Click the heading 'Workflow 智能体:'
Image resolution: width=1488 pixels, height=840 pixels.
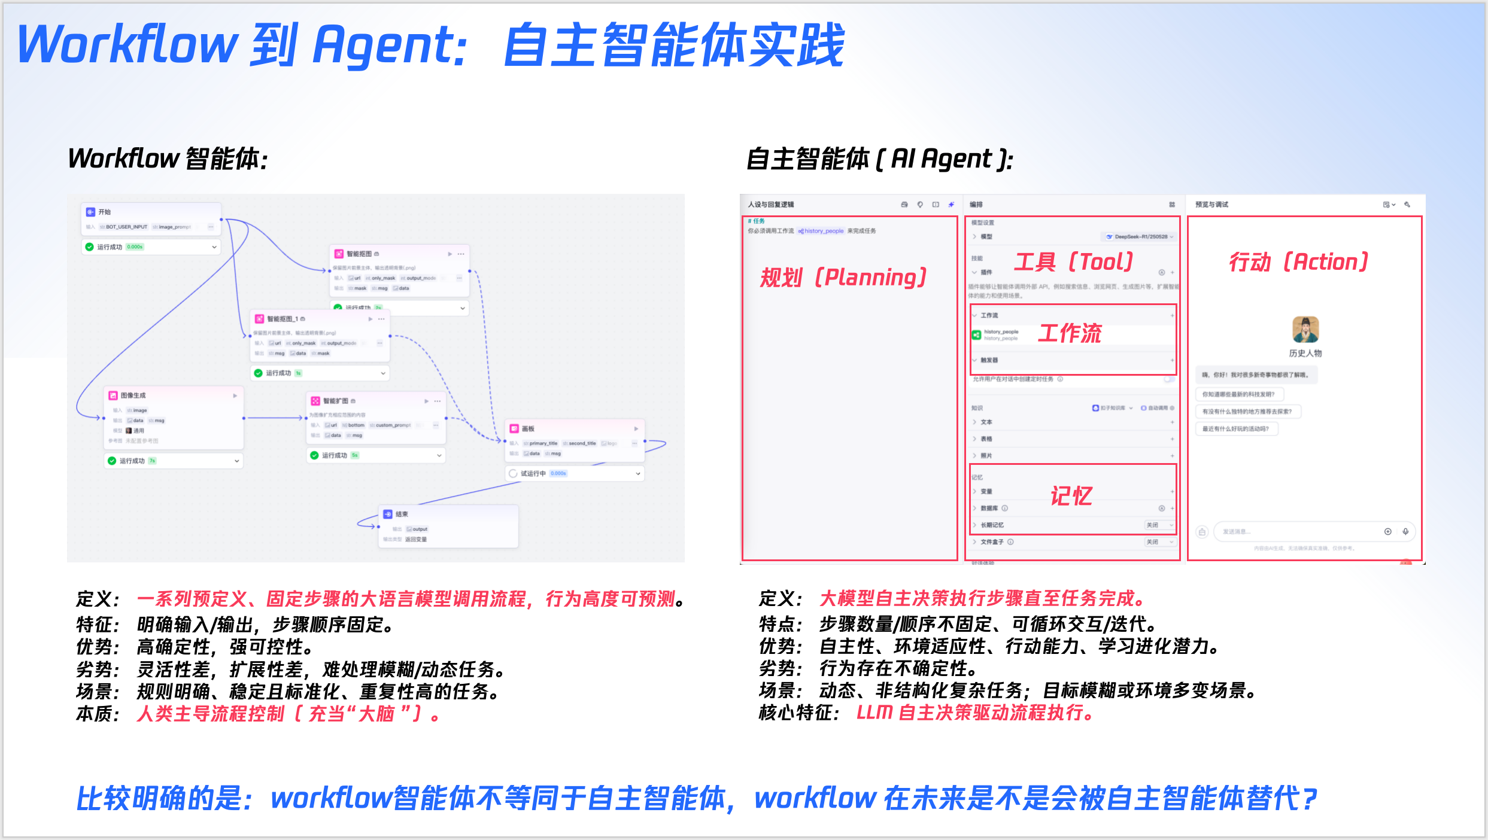168,159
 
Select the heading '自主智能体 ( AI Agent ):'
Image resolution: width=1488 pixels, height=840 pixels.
879,159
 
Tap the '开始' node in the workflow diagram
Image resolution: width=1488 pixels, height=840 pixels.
105,212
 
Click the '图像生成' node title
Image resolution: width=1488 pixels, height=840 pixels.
133,395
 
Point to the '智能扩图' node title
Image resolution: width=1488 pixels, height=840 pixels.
335,401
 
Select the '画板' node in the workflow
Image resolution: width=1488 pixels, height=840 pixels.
527,429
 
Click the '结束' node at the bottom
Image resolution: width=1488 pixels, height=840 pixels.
402,514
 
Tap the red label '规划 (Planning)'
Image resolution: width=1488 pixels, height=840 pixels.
843,278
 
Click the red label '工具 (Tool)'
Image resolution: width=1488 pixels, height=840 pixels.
1073,262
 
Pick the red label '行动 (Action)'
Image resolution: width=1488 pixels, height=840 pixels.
1298,262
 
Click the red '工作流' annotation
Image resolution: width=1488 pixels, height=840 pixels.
1070,333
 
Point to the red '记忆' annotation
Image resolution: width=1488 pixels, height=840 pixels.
1071,496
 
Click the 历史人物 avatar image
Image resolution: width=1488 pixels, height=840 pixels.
1305,330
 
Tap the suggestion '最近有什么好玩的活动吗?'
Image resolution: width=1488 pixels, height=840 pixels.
1235,429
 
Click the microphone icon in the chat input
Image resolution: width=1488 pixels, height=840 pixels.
1405,531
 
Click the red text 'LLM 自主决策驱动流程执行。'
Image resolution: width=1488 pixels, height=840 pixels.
975,713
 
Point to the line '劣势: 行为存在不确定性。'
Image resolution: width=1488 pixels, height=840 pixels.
868,668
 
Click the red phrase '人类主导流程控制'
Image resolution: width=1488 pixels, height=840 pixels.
211,714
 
